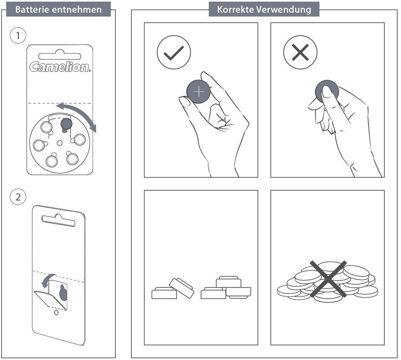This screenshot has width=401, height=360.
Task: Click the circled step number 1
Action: [x=18, y=36]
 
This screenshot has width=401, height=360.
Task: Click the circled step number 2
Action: [x=18, y=197]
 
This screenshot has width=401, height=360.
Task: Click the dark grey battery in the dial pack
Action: [x=66, y=124]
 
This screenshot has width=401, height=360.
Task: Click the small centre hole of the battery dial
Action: [x=60, y=142]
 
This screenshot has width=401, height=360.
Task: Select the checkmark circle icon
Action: [x=174, y=53]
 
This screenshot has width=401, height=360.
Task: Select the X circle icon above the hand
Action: [x=300, y=53]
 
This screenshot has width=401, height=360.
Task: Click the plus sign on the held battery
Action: [x=199, y=92]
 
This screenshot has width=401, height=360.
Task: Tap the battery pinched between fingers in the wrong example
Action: [x=327, y=90]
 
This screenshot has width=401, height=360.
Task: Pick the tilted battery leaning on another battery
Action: [x=181, y=287]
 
